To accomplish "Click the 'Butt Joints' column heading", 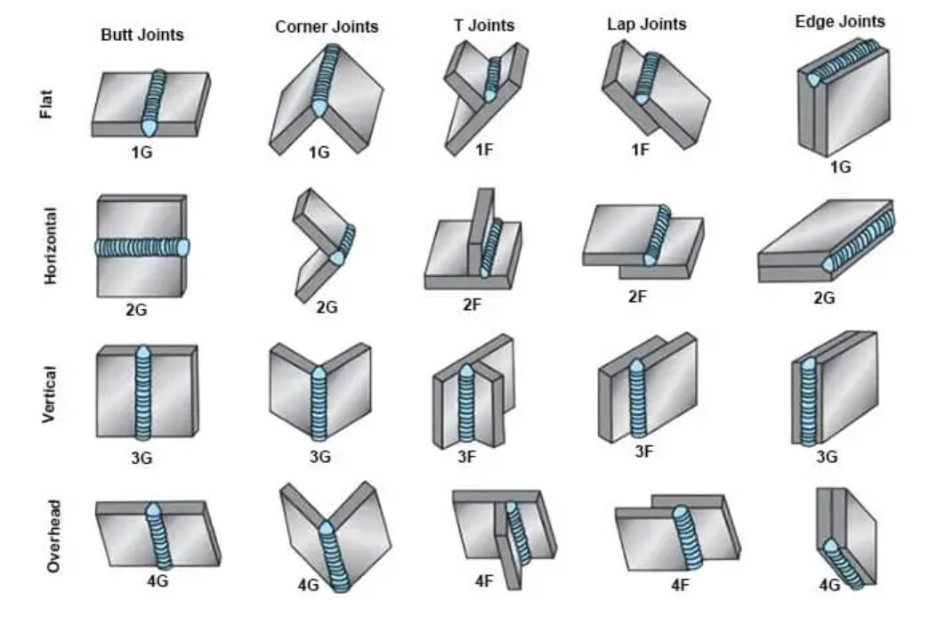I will click(142, 35).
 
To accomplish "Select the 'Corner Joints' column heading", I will click(327, 27).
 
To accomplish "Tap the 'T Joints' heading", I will click(482, 25).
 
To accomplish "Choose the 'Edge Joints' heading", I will click(840, 20).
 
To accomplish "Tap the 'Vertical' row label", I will click(49, 394).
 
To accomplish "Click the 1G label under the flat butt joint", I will click(141, 152).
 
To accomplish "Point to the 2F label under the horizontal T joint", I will click(472, 304).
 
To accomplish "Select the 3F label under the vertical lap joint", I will click(644, 451).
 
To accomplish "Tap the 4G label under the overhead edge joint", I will click(829, 585).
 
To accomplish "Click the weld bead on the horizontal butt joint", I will click(142, 248).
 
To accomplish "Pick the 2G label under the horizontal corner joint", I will click(327, 307).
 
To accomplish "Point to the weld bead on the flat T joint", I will click(492, 79).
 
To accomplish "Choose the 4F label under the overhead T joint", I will click(484, 581).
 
